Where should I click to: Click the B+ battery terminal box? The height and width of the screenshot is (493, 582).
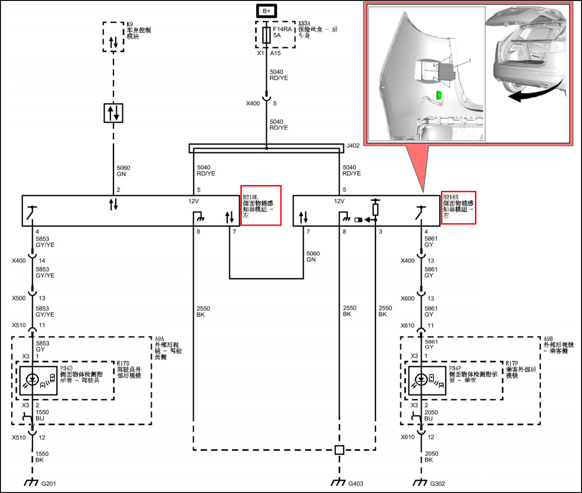pyautogui.click(x=266, y=11)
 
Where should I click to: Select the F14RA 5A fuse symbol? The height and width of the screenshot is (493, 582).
pyautogui.click(x=266, y=35)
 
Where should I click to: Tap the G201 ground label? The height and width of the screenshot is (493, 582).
pyautogui.click(x=48, y=483)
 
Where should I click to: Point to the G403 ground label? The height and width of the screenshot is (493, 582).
pyautogui.click(x=356, y=483)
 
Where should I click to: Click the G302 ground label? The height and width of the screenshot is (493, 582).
pyautogui.click(x=437, y=483)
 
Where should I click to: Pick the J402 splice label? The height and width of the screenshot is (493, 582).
pyautogui.click(x=353, y=145)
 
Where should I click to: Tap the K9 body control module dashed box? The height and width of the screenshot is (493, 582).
pyautogui.click(x=113, y=37)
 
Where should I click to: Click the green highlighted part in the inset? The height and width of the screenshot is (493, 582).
pyautogui.click(x=439, y=96)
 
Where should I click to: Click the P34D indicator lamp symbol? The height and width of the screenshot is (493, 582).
pyautogui.click(x=32, y=380)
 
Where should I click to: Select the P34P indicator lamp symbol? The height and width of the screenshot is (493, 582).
pyautogui.click(x=421, y=380)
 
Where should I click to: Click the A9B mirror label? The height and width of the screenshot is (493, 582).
pyautogui.click(x=558, y=345)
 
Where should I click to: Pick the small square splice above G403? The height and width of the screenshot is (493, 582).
pyautogui.click(x=339, y=450)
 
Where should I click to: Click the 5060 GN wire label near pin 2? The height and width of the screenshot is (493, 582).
pyautogui.click(x=123, y=171)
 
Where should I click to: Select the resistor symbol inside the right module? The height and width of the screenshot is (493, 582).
pyautogui.click(x=376, y=209)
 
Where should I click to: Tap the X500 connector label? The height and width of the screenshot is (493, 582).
pyautogui.click(x=19, y=298)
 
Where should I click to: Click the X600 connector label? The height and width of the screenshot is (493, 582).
pyautogui.click(x=408, y=298)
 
